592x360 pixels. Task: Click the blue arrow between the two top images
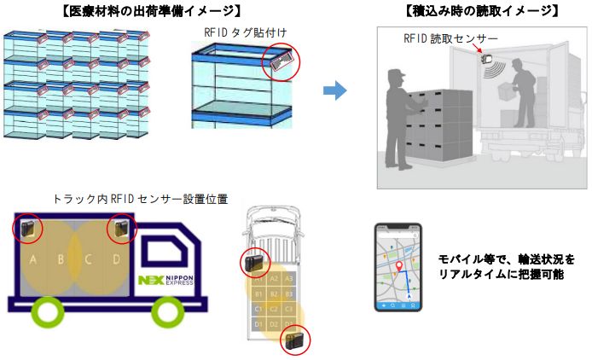coord(334,90)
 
